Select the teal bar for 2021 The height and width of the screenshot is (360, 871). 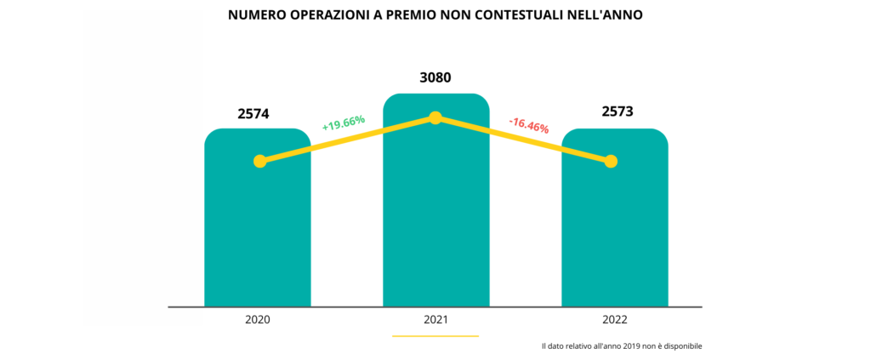tap(435, 221)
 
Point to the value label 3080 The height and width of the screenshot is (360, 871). tap(435, 78)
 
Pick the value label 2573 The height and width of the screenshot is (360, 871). tap(617, 111)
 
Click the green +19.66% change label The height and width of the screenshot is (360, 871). tap(343, 123)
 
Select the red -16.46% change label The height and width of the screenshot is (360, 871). tap(528, 125)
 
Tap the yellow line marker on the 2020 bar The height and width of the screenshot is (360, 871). tap(260, 161)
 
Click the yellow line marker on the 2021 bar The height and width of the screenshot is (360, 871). tap(435, 117)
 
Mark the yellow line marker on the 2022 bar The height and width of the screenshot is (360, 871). tap(610, 161)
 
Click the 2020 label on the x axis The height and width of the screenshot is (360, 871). tap(257, 320)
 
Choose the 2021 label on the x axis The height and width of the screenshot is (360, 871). tap(435, 320)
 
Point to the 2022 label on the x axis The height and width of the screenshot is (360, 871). tap(614, 320)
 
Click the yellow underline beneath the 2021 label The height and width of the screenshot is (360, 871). tap(435, 335)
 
